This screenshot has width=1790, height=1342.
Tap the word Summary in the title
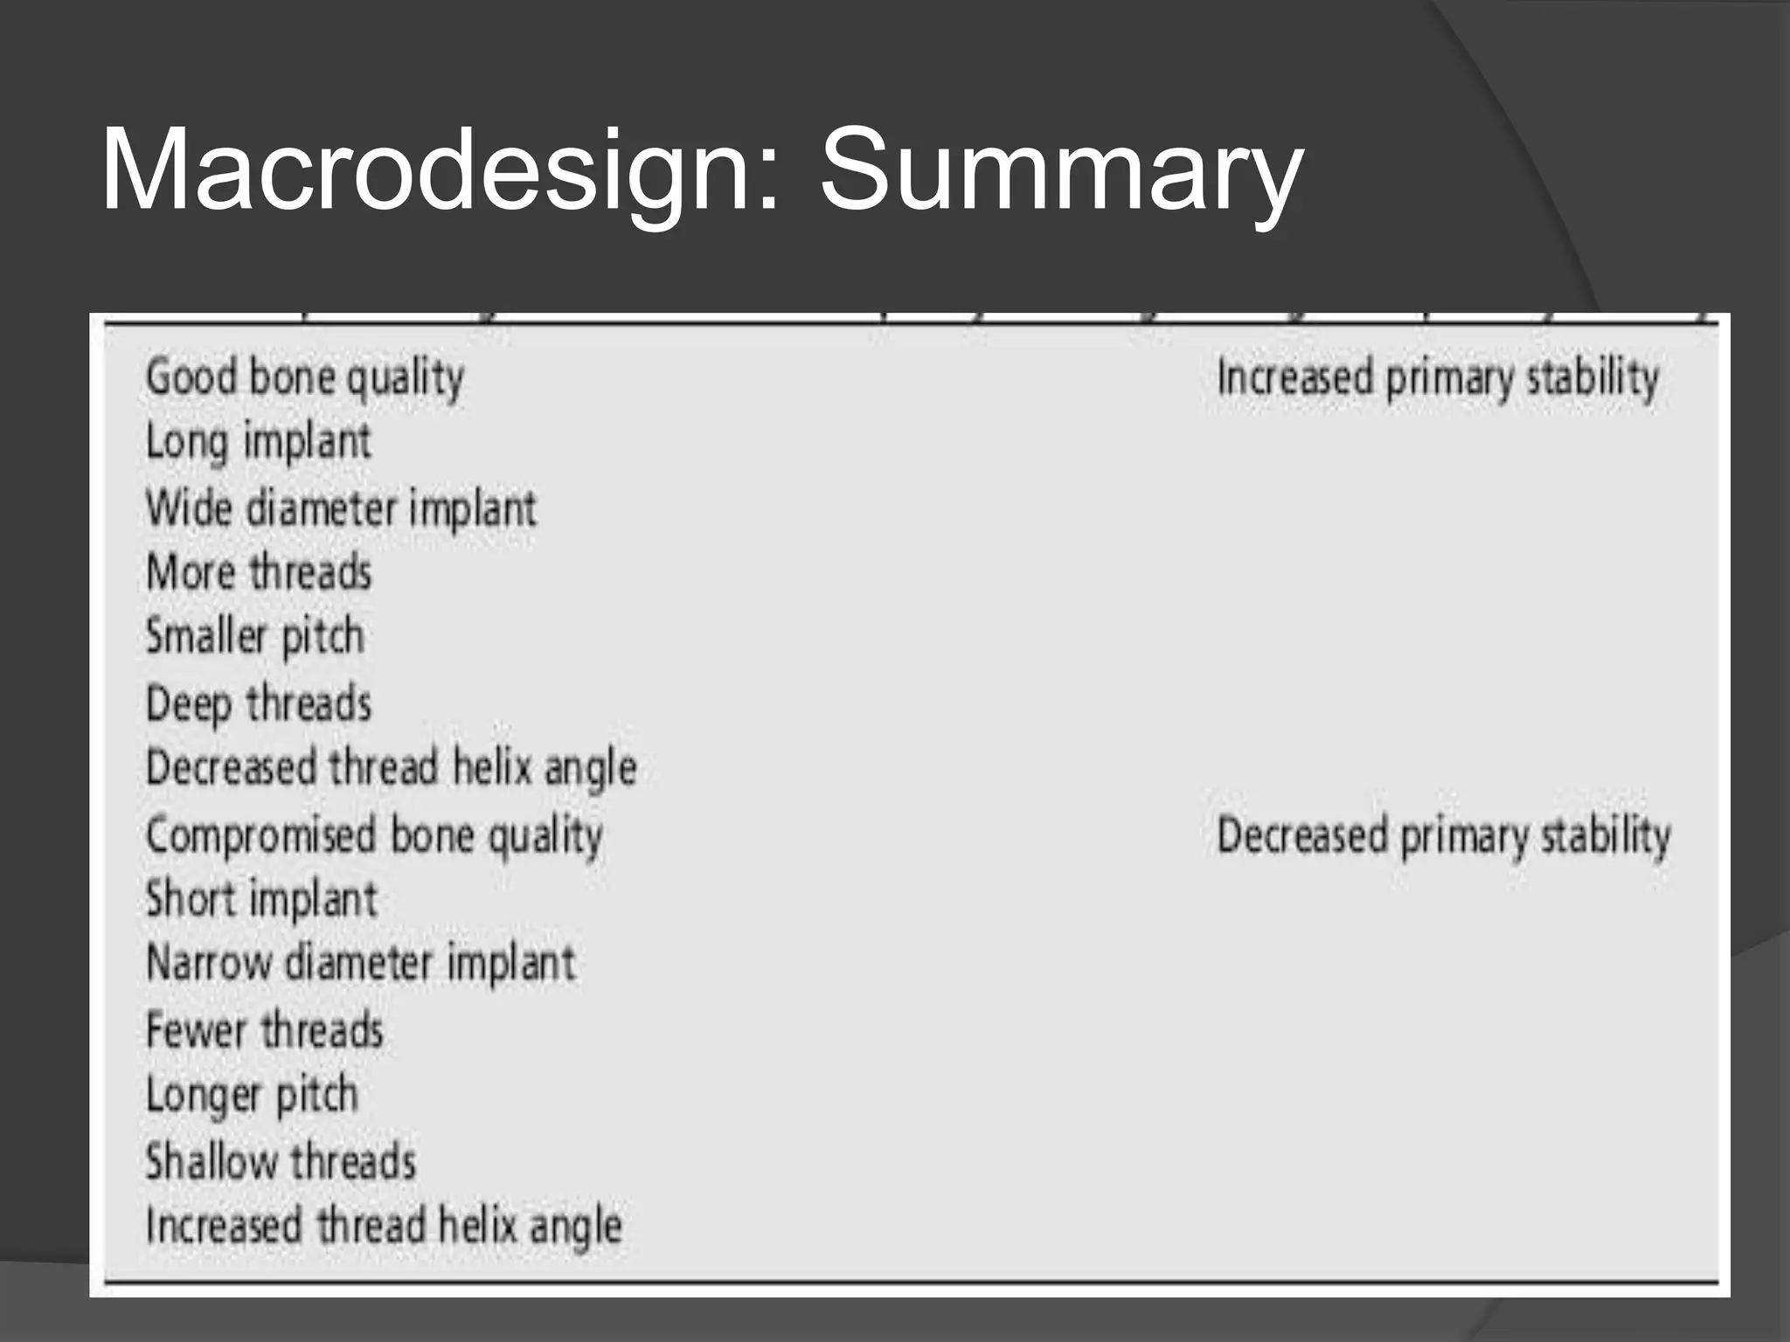1061,170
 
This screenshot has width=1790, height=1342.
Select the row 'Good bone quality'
304,378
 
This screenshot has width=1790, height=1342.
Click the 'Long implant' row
259,441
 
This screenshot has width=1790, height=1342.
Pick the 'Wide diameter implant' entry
341,508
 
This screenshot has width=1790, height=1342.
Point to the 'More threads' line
259,573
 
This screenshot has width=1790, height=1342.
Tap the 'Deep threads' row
259,703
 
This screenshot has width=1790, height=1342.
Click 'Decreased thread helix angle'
391,768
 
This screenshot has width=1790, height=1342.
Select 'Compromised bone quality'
374,835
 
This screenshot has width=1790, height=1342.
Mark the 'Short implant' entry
261,899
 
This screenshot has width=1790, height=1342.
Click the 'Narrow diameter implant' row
361,964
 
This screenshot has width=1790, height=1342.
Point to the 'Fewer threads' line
265,1030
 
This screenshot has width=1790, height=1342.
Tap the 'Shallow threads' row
281,1161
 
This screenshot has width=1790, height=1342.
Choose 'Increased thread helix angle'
384,1226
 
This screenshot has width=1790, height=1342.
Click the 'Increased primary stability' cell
1438,378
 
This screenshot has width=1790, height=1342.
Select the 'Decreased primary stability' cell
1444,835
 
